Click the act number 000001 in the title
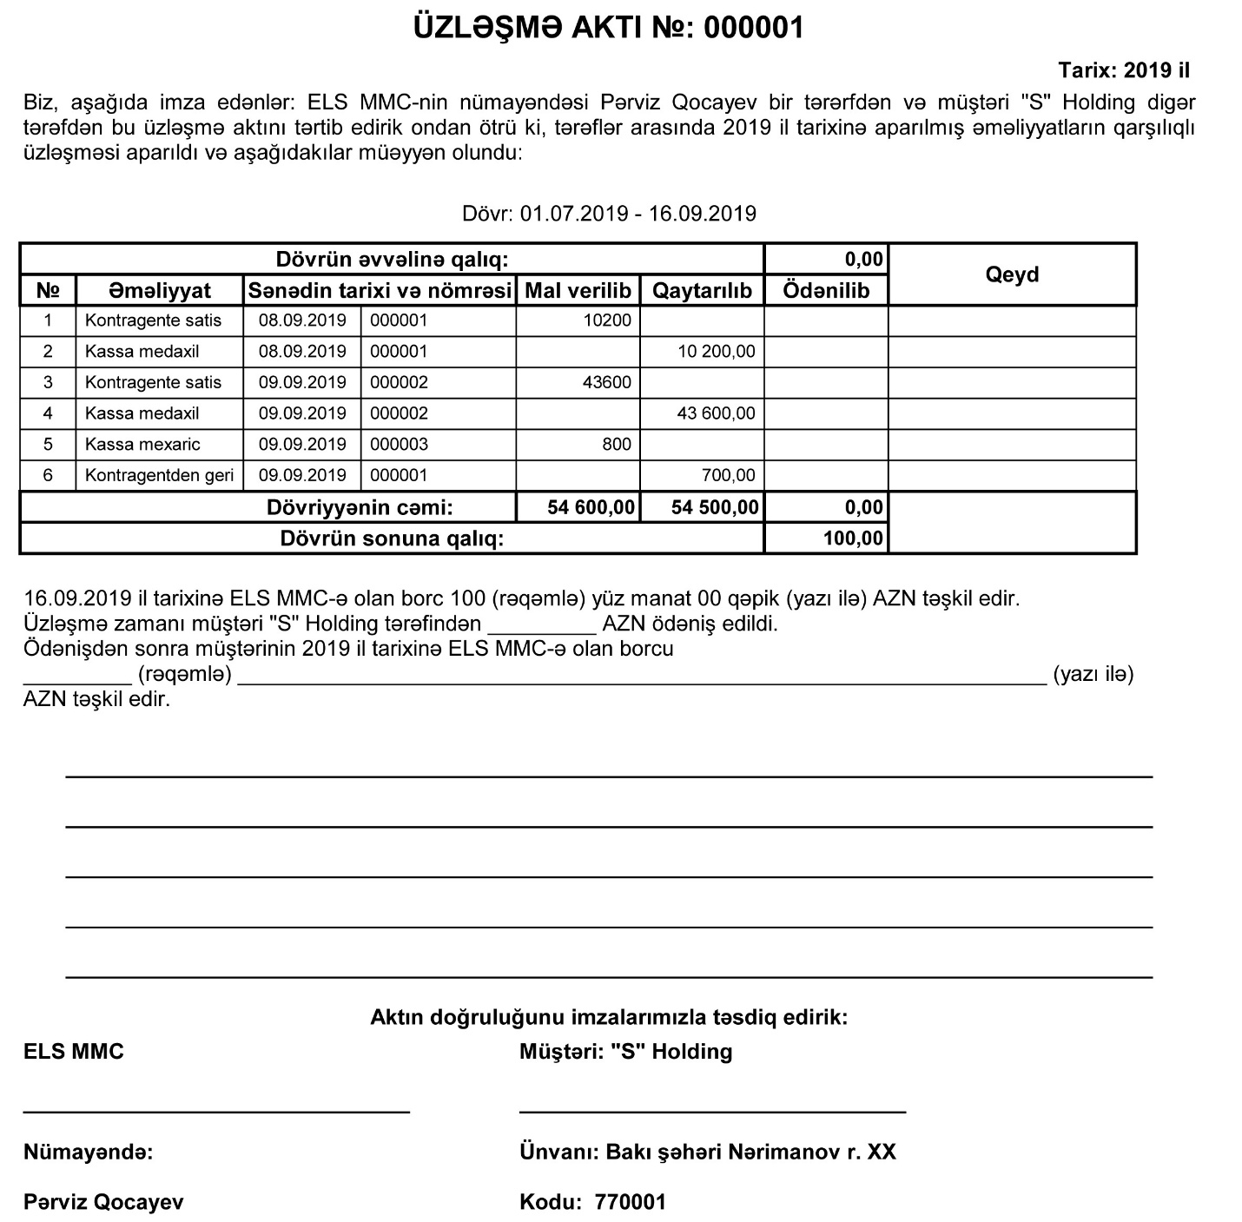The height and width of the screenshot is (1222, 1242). point(753,29)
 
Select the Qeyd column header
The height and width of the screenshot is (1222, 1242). point(1012,274)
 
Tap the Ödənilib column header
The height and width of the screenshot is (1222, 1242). point(826,290)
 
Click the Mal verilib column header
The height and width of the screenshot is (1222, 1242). point(578,290)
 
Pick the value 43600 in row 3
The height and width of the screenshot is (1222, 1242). point(607,382)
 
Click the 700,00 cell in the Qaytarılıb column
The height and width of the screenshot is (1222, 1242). point(728,475)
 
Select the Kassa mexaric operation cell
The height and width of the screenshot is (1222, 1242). point(142,444)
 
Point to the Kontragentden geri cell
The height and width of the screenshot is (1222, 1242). point(160,475)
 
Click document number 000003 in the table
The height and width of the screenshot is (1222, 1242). point(399,444)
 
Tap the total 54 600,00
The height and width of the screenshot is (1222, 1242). point(591,507)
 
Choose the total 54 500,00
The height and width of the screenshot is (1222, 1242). point(715,507)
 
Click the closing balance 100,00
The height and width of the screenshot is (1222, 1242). point(853,538)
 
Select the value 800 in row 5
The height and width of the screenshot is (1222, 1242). point(617,444)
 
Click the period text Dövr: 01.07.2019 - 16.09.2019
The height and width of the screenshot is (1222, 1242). point(609,214)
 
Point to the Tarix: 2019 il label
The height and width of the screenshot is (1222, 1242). point(1124,70)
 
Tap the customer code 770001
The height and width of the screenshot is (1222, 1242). point(630,1202)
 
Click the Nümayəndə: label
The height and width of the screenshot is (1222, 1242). point(88,1153)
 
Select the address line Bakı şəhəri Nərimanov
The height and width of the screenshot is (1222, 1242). point(708,1153)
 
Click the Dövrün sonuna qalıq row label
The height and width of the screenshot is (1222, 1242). point(392,538)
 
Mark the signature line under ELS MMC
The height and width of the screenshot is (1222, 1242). point(216,1111)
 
